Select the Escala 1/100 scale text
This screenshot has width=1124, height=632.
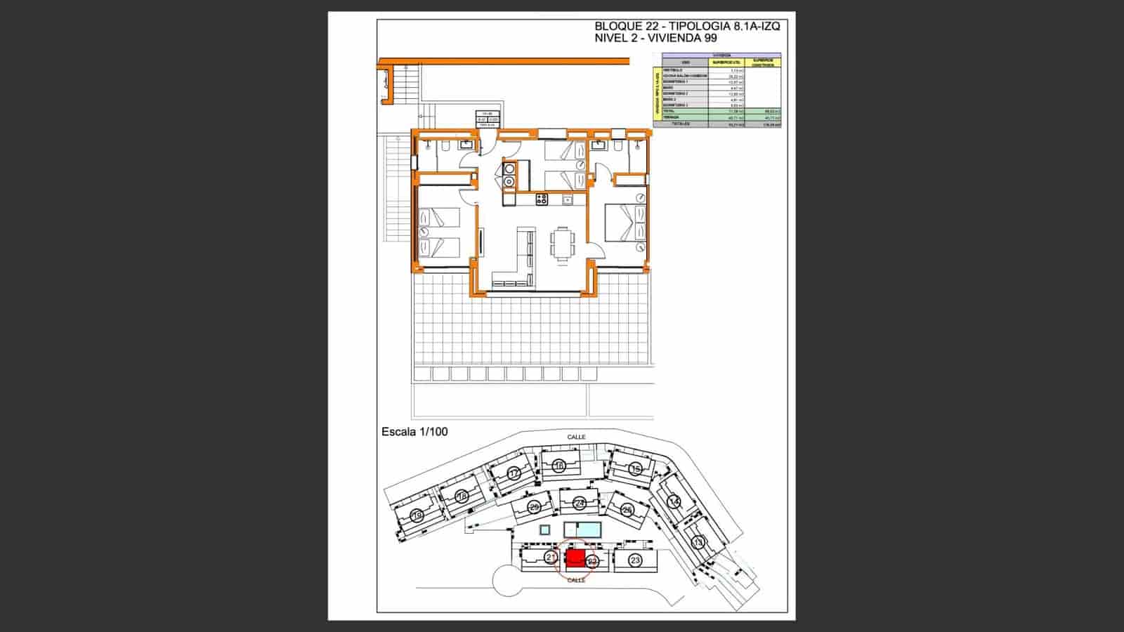tap(414, 432)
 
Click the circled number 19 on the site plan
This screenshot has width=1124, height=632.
tap(416, 517)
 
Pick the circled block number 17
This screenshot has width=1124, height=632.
tap(514, 473)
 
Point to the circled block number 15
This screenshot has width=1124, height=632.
tap(636, 468)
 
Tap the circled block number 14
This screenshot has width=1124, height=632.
tap(674, 501)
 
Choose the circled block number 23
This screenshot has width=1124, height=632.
tap(635, 560)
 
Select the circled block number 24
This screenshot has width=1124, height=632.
tap(579, 503)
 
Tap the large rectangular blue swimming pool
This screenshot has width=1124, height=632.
tap(582, 528)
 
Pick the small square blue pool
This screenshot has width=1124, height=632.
tap(544, 529)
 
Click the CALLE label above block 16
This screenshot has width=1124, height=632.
tap(576, 437)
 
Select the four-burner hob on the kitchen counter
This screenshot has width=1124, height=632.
tap(542, 199)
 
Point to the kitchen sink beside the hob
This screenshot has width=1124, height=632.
tap(568, 200)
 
